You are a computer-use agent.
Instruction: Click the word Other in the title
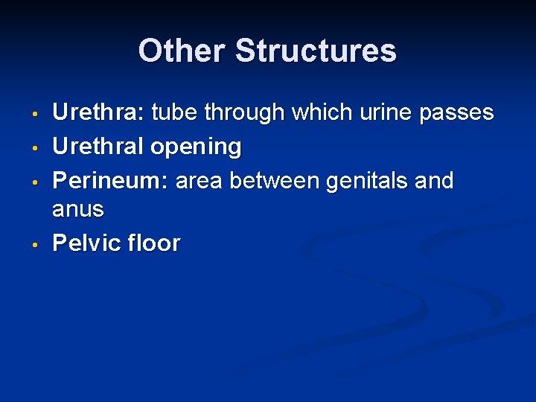(x=182, y=51)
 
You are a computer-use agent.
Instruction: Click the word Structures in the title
(x=316, y=51)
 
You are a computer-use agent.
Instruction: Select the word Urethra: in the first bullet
(x=98, y=112)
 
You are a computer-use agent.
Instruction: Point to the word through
(x=245, y=113)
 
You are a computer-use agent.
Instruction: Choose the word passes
(x=457, y=113)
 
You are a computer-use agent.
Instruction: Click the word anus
(x=77, y=210)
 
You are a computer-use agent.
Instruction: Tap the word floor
(x=153, y=243)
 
